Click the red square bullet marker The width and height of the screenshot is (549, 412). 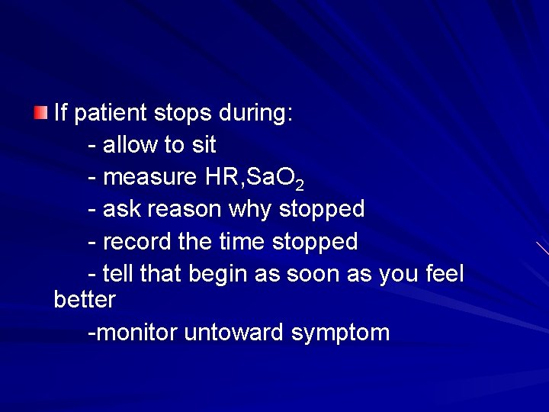[40, 113]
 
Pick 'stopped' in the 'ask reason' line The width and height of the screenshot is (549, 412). [322, 209]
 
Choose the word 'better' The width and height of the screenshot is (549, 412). [85, 300]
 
